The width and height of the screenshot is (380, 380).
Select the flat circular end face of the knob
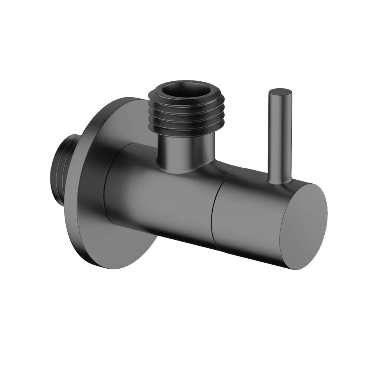(304, 226)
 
